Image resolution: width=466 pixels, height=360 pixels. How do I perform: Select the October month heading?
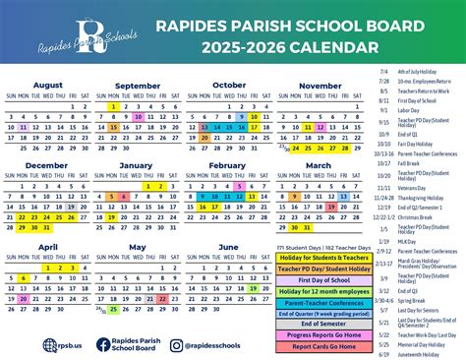[x=230, y=85]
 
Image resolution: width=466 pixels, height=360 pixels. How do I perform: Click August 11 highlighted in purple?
[x=23, y=127]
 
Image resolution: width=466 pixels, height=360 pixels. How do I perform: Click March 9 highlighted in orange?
[x=293, y=197]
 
